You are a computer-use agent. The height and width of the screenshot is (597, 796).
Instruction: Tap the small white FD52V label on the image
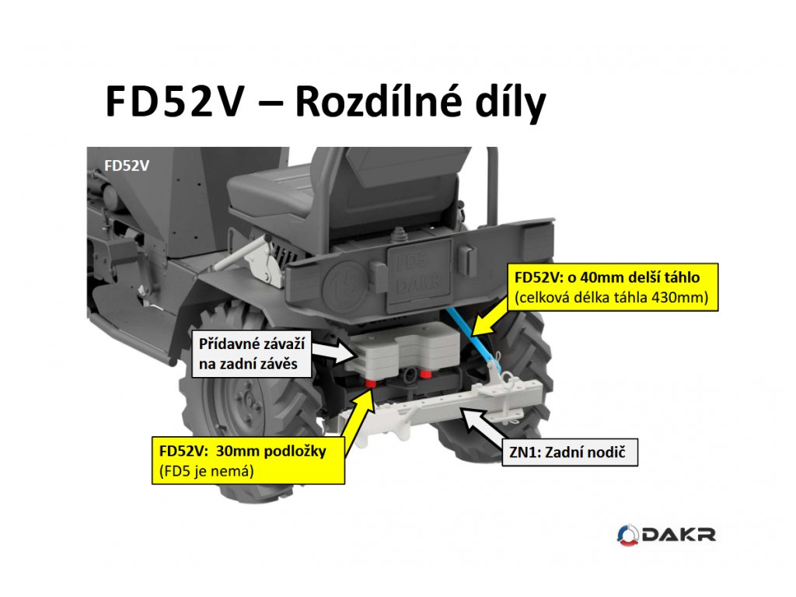127,165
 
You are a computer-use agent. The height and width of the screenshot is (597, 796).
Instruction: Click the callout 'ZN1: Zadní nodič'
567,451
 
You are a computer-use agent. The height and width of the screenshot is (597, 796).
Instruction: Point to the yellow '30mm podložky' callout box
249,459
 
